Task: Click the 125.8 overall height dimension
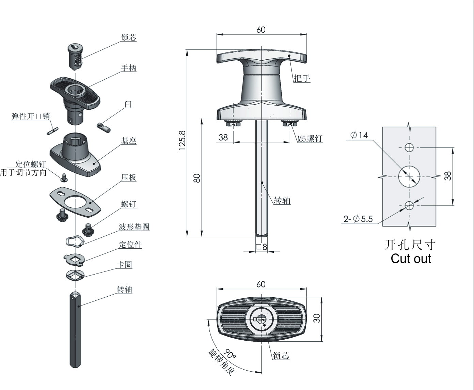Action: [182, 140]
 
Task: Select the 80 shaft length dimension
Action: [197, 178]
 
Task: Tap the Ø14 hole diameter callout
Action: [359, 135]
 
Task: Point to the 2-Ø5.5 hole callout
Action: [358, 219]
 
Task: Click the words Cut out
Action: [411, 259]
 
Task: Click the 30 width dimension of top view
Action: [316, 318]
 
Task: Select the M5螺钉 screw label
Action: [310, 139]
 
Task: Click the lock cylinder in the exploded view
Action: [75, 56]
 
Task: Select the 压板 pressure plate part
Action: [75, 201]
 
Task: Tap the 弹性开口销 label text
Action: [31, 116]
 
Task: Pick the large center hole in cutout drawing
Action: [409, 177]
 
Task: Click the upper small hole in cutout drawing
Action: [409, 148]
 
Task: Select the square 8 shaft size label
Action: [262, 247]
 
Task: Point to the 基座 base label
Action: [129, 141]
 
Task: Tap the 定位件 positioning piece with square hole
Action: [74, 260]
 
